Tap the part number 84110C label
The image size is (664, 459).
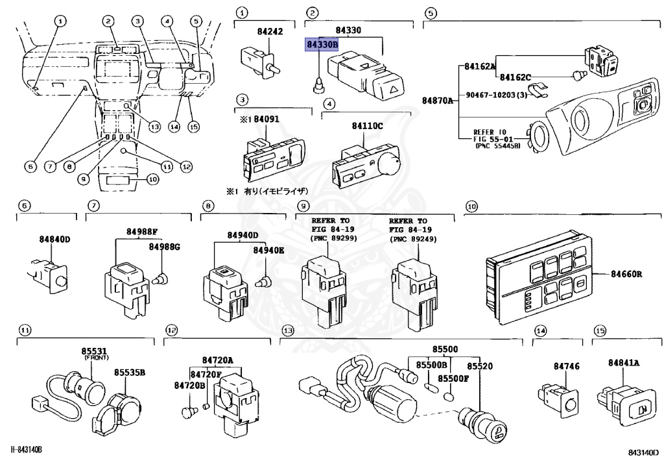(368, 125)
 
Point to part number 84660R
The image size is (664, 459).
(626, 274)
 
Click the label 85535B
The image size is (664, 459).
(130, 373)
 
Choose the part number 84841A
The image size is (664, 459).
(624, 362)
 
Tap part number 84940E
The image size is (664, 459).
(268, 249)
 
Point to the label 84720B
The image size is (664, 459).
(189, 386)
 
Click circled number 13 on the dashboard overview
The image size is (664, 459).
(154, 126)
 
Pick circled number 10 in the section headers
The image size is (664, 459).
(471, 206)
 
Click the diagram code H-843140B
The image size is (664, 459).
(27, 450)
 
